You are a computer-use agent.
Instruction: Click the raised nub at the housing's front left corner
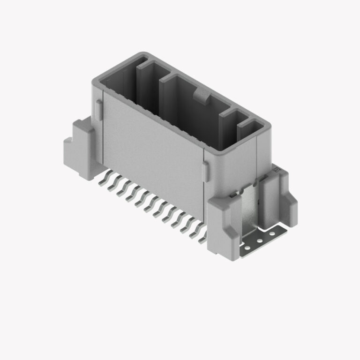coord(98,108)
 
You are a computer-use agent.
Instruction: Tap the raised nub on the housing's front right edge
coord(205,172)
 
